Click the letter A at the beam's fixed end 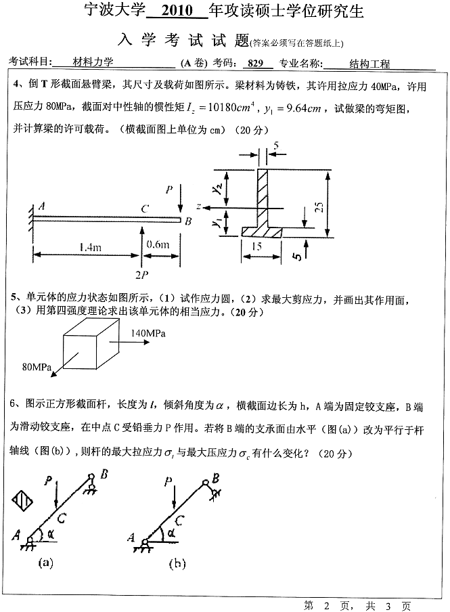pyautogui.click(x=42, y=206)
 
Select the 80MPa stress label pyautogui.click(x=37, y=367)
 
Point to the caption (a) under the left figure pyautogui.click(x=47, y=561)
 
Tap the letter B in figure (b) pyautogui.click(x=215, y=477)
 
